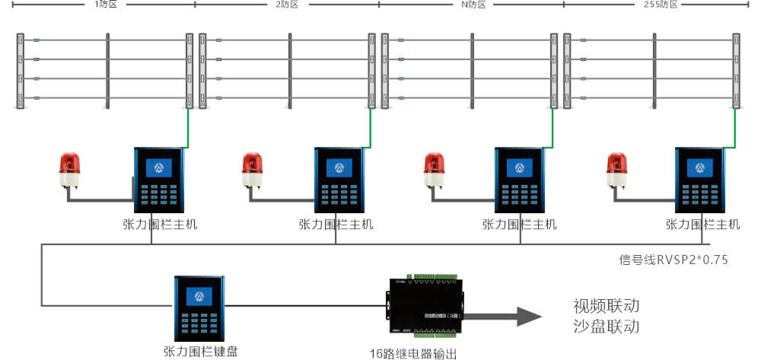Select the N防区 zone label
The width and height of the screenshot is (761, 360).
pos(472,5)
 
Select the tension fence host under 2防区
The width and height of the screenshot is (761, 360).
pos(339,180)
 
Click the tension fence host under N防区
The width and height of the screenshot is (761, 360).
pos(519,180)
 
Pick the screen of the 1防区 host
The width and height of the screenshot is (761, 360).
pos(158,167)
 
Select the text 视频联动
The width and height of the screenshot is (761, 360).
pos(606,306)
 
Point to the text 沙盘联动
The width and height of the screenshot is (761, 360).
pos(606,327)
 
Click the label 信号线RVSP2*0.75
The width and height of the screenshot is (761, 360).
pos(674,260)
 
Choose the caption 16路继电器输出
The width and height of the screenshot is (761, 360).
pos(413,352)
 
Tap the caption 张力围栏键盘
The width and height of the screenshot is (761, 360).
pos(200,351)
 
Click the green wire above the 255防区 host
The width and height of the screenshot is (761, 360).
pos(734,129)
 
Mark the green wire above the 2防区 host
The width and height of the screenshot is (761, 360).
pos(371,129)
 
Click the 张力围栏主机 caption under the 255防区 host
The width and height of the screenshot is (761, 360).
pos(702,224)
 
